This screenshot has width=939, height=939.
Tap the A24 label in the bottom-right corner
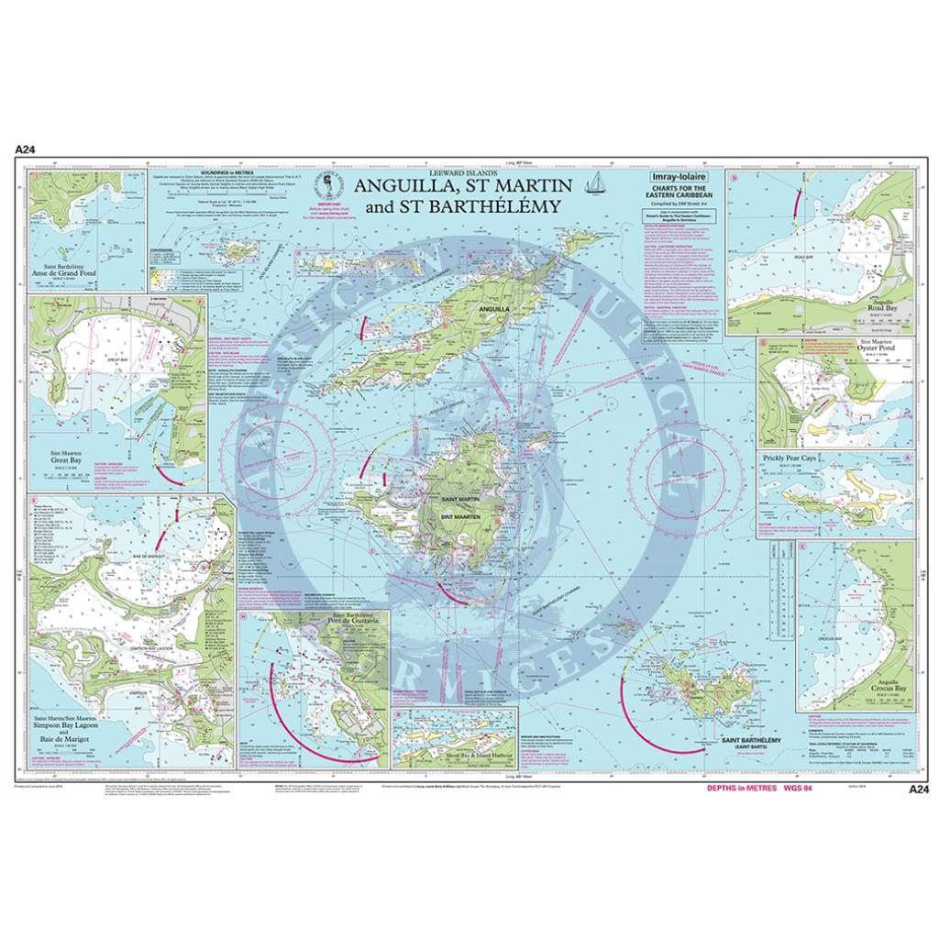tap(916, 788)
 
